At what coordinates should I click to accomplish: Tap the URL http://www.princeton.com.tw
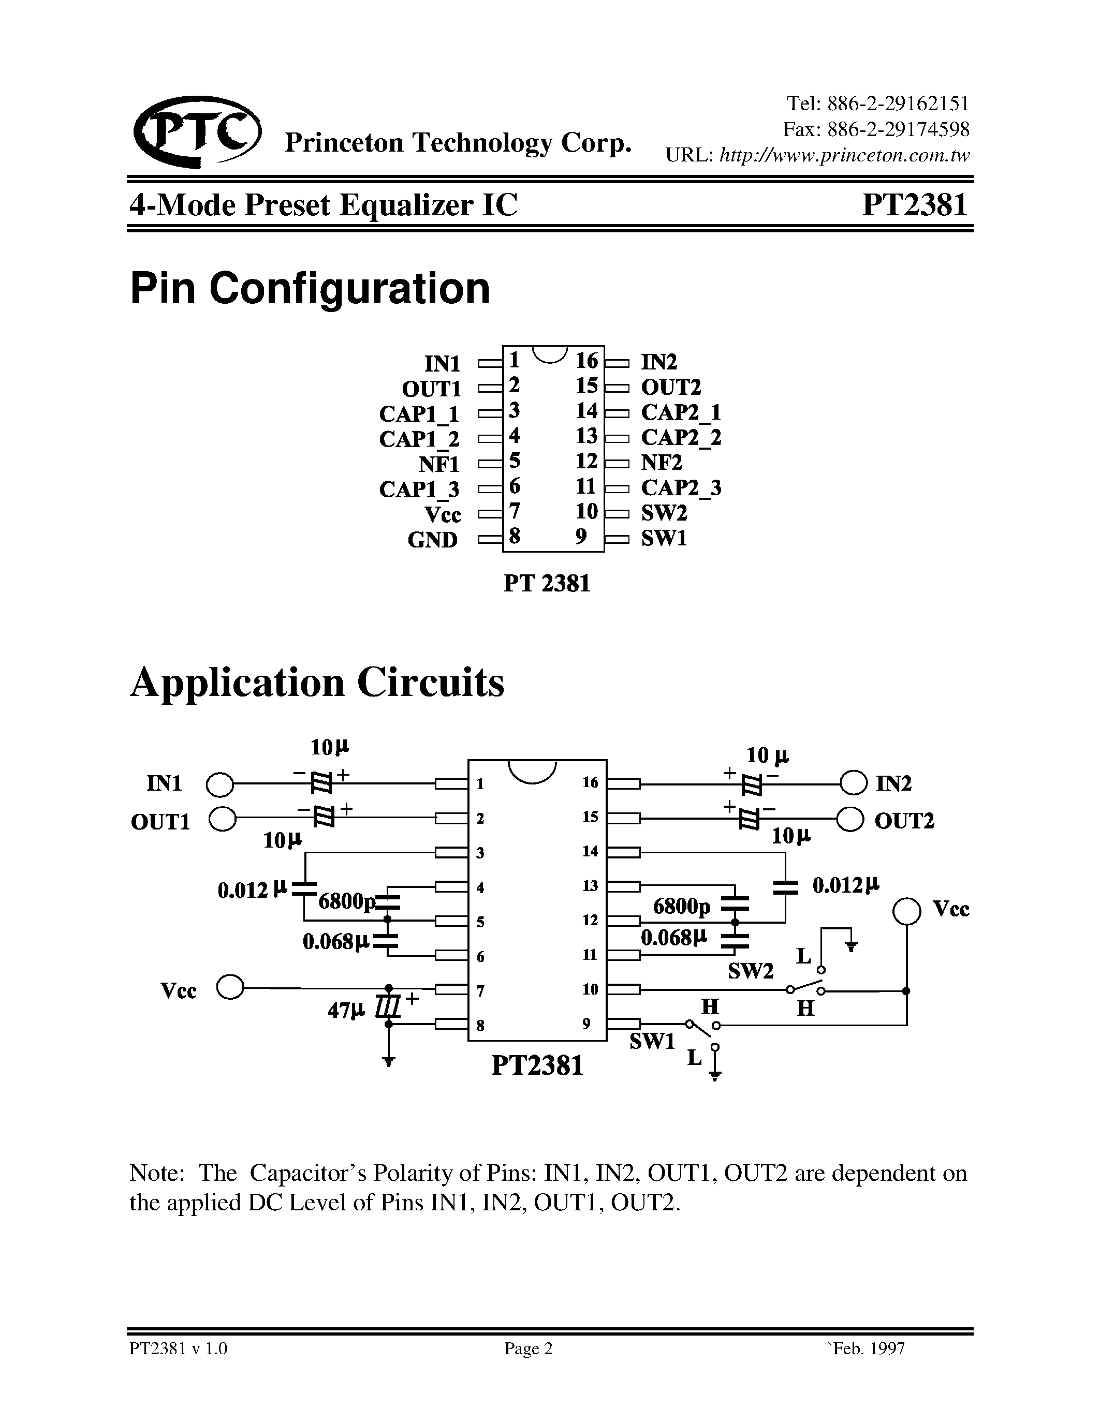click(843, 156)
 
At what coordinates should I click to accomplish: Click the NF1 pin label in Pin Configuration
click(439, 465)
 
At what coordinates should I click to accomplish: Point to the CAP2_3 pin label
click(681, 487)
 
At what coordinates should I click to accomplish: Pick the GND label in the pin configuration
click(433, 540)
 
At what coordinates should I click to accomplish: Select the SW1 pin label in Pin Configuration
click(664, 538)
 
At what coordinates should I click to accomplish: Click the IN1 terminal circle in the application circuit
click(219, 784)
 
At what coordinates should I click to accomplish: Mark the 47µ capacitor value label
click(346, 1011)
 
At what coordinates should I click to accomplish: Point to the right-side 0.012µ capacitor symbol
click(785, 886)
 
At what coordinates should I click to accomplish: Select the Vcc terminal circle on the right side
click(906, 911)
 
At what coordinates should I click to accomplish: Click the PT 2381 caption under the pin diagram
click(547, 583)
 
